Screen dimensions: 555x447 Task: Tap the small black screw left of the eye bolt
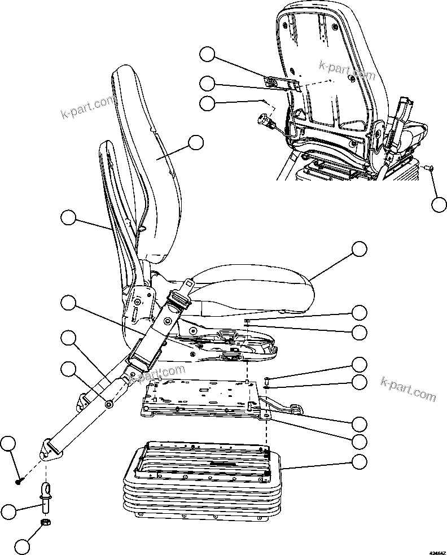coord(19,481)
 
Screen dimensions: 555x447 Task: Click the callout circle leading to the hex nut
coord(22,547)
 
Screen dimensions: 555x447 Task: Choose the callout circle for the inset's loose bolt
coord(439,204)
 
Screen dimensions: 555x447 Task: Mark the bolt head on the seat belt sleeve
coord(108,404)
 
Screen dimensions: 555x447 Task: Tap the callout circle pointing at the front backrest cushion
coord(195,142)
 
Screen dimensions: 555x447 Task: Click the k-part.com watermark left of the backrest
coord(87,109)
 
